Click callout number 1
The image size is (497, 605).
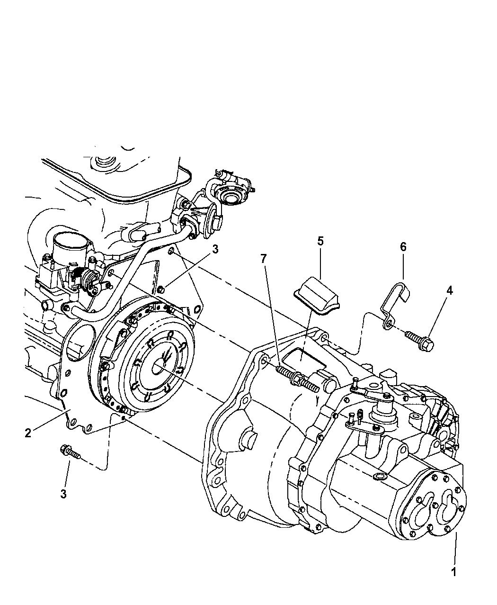pyautogui.click(x=453, y=572)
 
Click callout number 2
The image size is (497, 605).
pyautogui.click(x=28, y=433)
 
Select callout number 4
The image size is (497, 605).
pyautogui.click(x=449, y=290)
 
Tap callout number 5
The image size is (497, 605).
pyautogui.click(x=320, y=241)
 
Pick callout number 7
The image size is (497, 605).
pyautogui.click(x=264, y=258)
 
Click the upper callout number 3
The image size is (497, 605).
pyautogui.click(x=215, y=250)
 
